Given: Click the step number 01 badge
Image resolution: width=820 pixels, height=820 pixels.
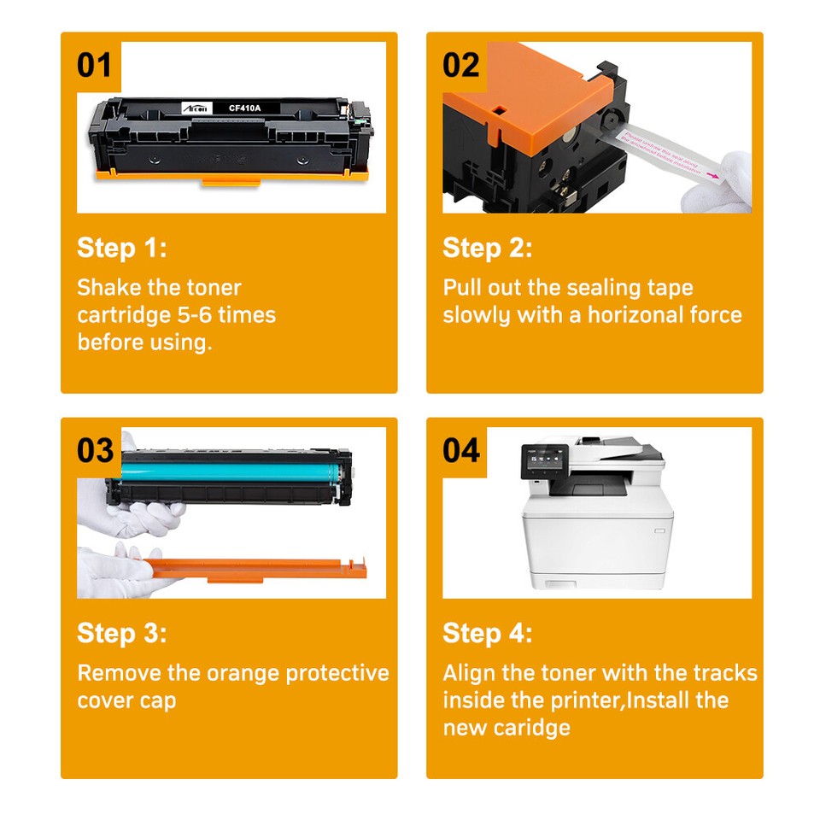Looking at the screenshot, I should [95, 64].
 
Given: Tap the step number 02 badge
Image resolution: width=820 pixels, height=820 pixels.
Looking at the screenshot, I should [461, 64].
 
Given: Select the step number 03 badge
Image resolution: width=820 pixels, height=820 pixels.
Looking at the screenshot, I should [95, 449].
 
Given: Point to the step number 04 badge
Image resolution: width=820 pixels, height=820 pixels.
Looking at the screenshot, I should [461, 449].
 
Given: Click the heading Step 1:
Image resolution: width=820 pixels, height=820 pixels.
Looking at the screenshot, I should [122, 249].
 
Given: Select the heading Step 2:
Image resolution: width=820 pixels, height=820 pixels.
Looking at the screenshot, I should [488, 249].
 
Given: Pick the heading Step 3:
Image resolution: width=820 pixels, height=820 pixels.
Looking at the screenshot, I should [122, 634].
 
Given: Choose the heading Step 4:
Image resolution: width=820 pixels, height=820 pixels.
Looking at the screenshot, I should [488, 634].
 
